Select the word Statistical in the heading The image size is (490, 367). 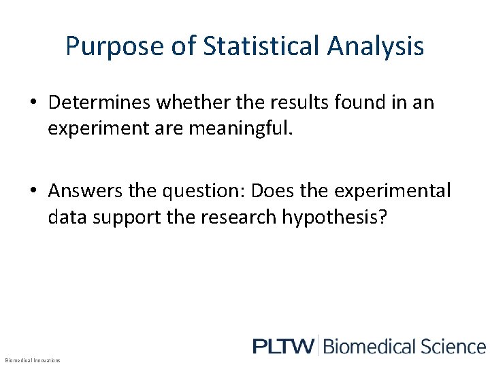pos(261,47)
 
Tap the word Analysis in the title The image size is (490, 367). pos(376,47)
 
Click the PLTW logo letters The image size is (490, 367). pos(283,347)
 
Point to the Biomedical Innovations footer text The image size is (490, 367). pos(33,360)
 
